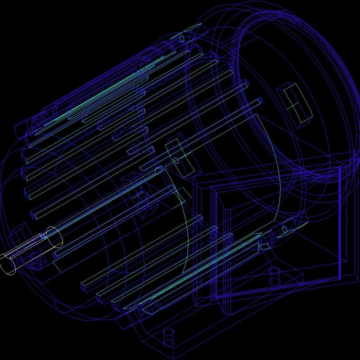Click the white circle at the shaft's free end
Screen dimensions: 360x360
click(x=8, y=264)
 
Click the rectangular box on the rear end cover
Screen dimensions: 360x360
click(x=295, y=102)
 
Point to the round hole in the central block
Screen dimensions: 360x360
click(x=176, y=160)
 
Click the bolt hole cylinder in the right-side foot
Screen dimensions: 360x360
click(x=274, y=275)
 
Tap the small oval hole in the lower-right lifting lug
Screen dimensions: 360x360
click(x=284, y=230)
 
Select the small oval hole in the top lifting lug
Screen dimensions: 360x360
click(x=182, y=39)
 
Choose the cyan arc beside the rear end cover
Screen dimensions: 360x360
click(x=274, y=171)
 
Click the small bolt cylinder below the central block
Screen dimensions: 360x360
click(x=143, y=198)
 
